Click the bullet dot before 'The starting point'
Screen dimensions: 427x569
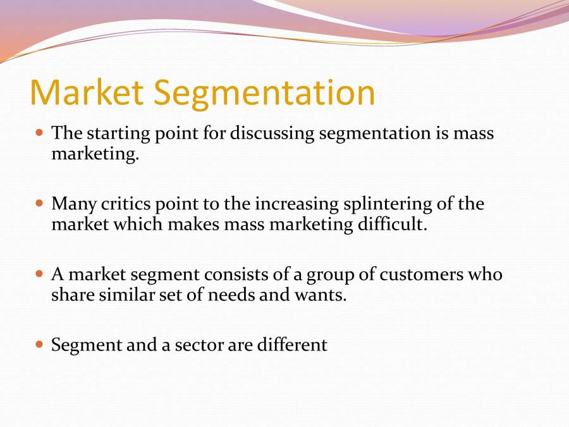40,133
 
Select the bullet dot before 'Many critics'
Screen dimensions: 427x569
40,204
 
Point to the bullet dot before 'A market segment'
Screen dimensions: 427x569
40,275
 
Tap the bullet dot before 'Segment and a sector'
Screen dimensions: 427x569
40,345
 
